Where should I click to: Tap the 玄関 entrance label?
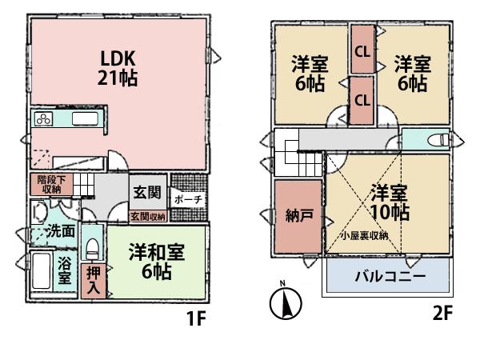point(145,193)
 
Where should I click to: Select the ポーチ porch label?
point(186,198)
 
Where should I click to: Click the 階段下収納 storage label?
point(49,186)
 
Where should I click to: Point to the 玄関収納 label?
point(148,217)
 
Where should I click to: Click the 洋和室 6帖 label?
point(156,262)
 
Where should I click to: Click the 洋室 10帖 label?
point(390,203)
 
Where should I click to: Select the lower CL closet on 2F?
point(362,101)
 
